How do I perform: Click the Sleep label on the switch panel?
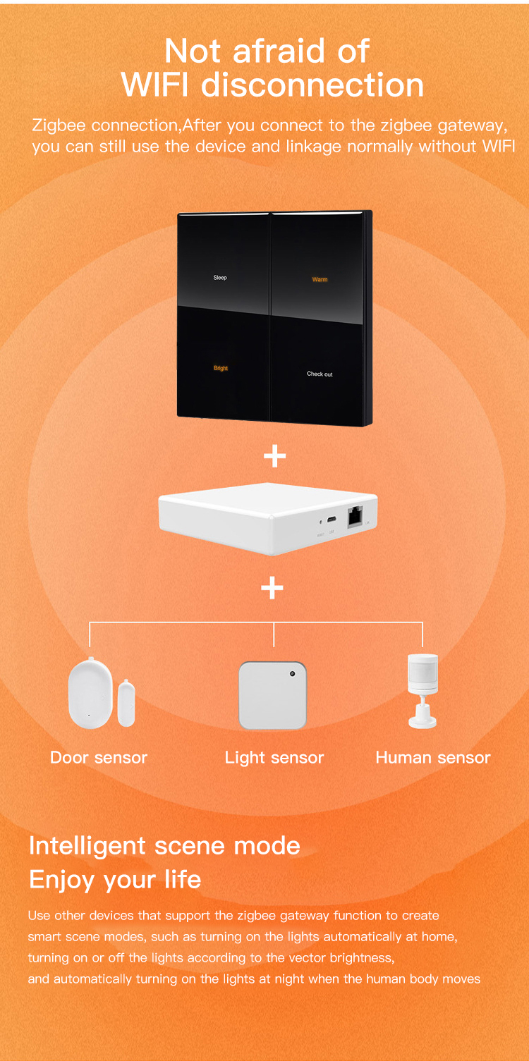coord(220,278)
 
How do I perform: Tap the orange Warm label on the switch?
coord(320,279)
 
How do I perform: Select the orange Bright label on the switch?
coord(221,369)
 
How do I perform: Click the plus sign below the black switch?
coord(274,457)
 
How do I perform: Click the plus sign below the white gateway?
coord(272,588)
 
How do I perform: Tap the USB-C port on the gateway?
coord(332,521)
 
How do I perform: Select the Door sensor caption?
coord(99,758)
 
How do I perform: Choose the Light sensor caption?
coord(274,758)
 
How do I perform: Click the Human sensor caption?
coord(432,758)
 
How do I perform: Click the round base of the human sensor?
coord(422,721)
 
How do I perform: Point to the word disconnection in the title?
coord(312,85)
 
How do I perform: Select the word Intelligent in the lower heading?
coord(87,845)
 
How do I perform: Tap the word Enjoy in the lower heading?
coord(62,880)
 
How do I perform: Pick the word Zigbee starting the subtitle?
coord(59,125)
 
